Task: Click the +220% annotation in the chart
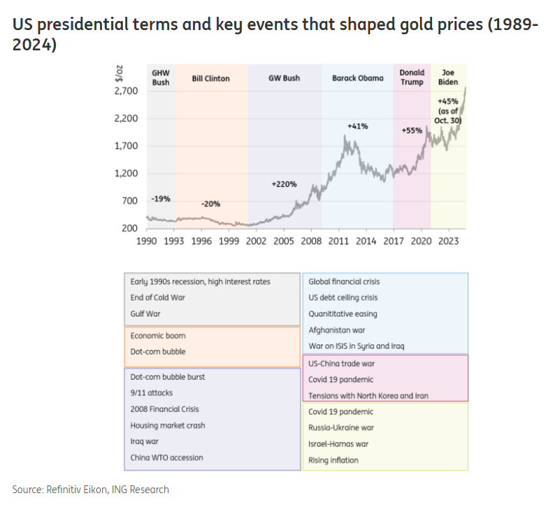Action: coord(284,185)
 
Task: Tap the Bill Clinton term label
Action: coord(210,79)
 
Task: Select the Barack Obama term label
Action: coord(357,79)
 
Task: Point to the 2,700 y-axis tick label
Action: coord(126,91)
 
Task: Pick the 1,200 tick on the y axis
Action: coord(126,173)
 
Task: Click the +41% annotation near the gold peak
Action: coord(357,126)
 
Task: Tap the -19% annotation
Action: coord(160,199)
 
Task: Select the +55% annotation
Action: coord(412,131)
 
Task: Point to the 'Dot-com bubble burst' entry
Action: coord(167,377)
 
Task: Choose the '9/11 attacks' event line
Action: coord(151,393)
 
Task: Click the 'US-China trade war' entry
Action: coord(341,364)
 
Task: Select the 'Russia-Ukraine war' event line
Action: coord(340,428)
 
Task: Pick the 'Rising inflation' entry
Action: coord(333,460)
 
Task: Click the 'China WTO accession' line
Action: coord(166,457)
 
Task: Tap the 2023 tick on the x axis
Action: coord(448,241)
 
